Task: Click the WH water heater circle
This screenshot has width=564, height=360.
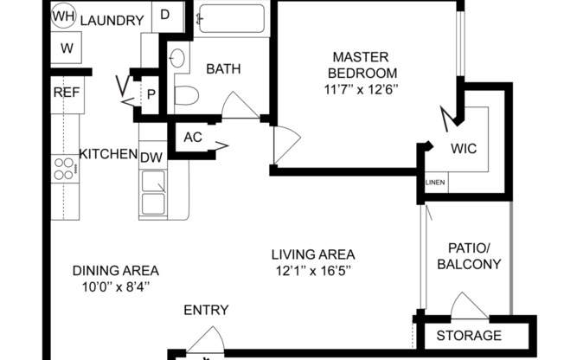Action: coord(63,16)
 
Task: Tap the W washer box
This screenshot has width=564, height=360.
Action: coord(67,48)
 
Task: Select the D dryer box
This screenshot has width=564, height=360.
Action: coord(165,16)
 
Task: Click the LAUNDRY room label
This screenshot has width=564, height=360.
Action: coord(112,21)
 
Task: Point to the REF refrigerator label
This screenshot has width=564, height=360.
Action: coord(67,93)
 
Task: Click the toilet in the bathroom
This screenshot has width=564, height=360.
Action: coord(188,94)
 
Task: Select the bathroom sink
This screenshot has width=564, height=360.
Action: coord(176,59)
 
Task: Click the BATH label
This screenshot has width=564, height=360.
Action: coord(222,69)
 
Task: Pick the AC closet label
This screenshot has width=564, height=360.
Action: coord(193,136)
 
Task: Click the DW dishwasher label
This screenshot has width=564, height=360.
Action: coord(151,157)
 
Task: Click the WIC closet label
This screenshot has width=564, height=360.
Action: coord(464,148)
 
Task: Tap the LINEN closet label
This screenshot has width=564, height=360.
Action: coord(435,183)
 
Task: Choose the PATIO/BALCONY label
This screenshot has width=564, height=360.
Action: coord(468,256)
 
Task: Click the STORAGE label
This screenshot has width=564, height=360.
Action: coord(468,336)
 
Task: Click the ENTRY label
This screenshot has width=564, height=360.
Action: coord(206,310)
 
